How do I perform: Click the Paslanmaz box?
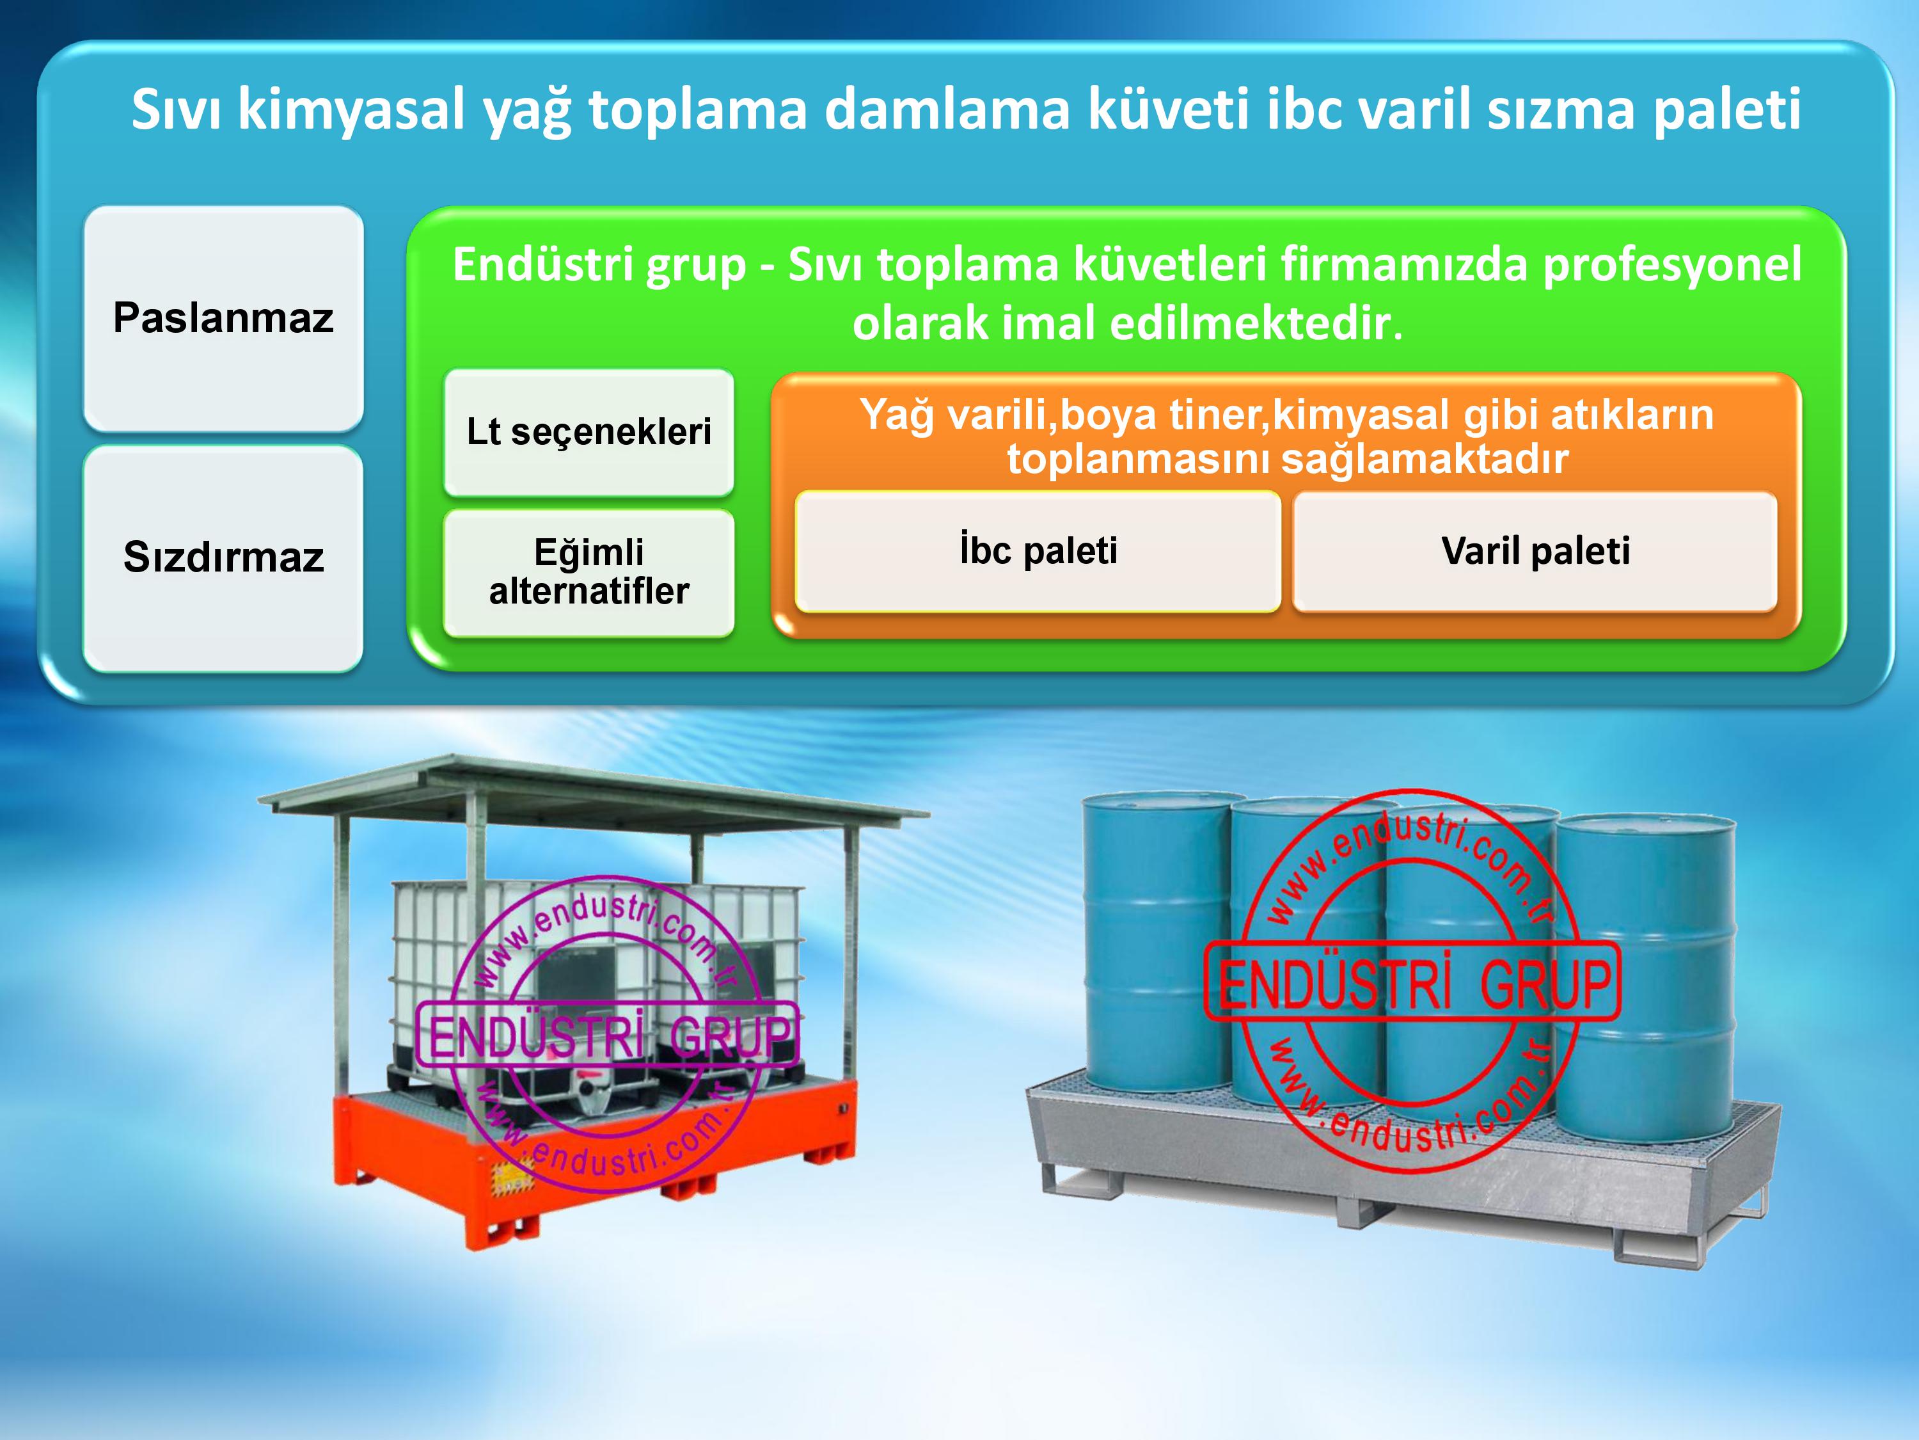coord(223,317)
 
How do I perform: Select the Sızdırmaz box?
coord(223,558)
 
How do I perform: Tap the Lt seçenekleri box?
coord(589,432)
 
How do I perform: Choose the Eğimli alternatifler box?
coord(589,573)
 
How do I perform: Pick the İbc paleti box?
coord(1038,551)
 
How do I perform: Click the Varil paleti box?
coord(1535,551)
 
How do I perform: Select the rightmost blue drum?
coord(1646,979)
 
